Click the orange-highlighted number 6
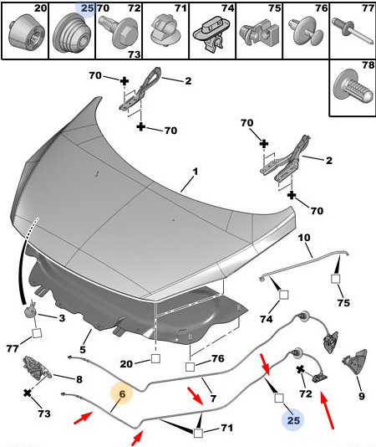(122, 394)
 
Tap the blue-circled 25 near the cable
(293, 420)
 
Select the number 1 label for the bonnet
(195, 172)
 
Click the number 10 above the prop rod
(304, 238)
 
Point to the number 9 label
(361, 396)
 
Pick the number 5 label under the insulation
(83, 350)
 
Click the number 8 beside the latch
(79, 379)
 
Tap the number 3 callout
(62, 318)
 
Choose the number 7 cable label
(213, 398)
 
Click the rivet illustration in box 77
(353, 31)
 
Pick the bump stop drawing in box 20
(26, 32)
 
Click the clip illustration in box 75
(259, 33)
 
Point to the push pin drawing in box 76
(307, 31)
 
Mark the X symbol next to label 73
(28, 393)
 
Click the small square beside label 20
(155, 358)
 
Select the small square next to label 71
(198, 433)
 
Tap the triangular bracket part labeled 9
(354, 362)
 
